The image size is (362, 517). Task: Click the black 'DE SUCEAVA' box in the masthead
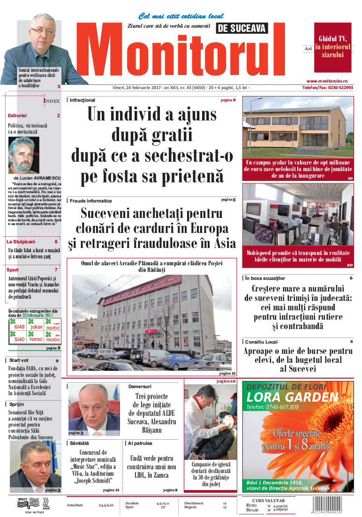(x=242, y=28)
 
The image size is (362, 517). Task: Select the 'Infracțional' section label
(x=82, y=100)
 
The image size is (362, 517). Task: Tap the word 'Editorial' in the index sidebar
(x=17, y=115)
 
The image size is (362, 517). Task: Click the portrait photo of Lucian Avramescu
(x=24, y=155)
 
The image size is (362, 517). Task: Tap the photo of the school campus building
(x=298, y=127)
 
